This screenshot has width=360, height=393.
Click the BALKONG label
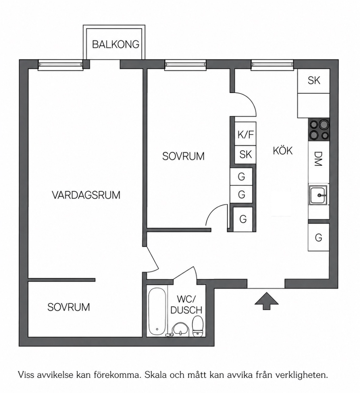click(x=116, y=44)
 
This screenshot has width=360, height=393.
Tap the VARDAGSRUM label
click(x=86, y=195)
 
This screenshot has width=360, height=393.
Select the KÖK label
click(x=283, y=151)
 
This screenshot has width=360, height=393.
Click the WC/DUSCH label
click(x=186, y=304)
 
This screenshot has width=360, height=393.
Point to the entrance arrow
click(x=266, y=301)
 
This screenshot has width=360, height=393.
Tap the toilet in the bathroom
click(x=198, y=326)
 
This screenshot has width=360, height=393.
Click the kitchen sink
click(x=318, y=195)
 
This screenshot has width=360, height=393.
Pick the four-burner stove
click(x=319, y=130)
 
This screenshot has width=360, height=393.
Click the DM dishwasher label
click(x=318, y=159)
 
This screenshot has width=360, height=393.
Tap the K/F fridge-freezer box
click(x=245, y=134)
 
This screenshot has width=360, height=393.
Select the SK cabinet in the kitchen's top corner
click(x=314, y=81)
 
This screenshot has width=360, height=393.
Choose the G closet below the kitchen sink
click(x=318, y=237)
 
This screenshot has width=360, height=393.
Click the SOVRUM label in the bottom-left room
click(x=69, y=307)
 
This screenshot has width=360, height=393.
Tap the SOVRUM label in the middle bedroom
click(x=183, y=156)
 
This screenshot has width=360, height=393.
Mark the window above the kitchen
click(x=272, y=65)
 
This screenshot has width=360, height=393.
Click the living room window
click(x=60, y=65)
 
